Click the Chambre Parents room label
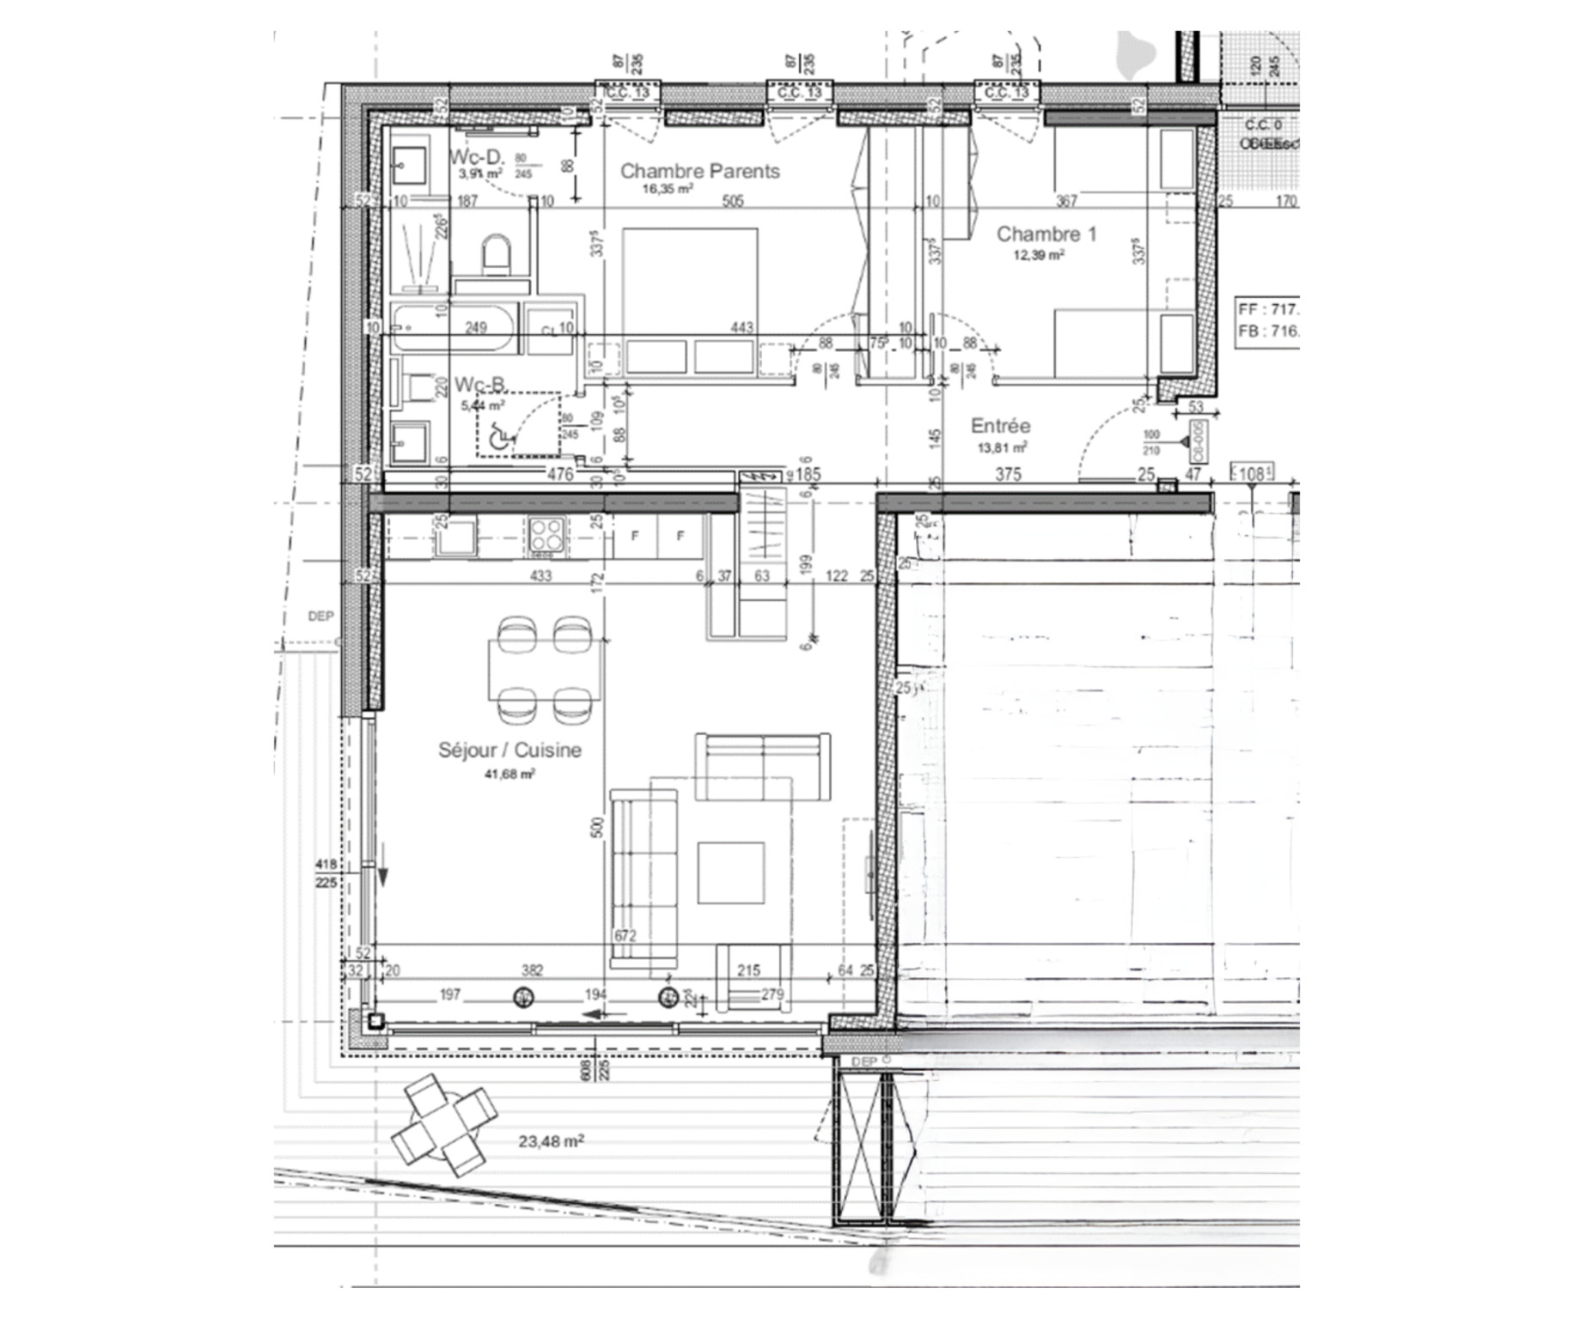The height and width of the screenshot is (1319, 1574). tap(700, 171)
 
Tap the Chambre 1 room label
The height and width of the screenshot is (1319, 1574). tap(1046, 234)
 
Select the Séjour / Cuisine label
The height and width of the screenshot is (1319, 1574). tap(509, 750)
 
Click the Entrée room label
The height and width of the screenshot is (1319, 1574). tap(1000, 426)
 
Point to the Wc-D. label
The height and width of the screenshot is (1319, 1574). tap(477, 157)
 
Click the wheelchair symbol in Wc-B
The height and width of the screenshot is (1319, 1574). tap(497, 438)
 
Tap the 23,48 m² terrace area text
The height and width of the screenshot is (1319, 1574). tap(551, 1141)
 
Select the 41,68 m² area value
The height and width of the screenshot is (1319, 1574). tap(509, 774)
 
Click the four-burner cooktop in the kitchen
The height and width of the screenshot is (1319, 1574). tap(546, 537)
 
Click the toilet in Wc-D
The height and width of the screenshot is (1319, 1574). tap(496, 255)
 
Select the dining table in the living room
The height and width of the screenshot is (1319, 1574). tap(545, 671)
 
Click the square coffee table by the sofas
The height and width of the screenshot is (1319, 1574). tap(730, 872)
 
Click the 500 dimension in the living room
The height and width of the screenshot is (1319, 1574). tap(598, 827)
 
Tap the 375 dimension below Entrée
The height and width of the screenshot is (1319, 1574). tap(1008, 474)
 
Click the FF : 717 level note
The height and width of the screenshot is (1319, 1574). tap(1268, 308)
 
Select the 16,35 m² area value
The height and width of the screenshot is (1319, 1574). tap(668, 189)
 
